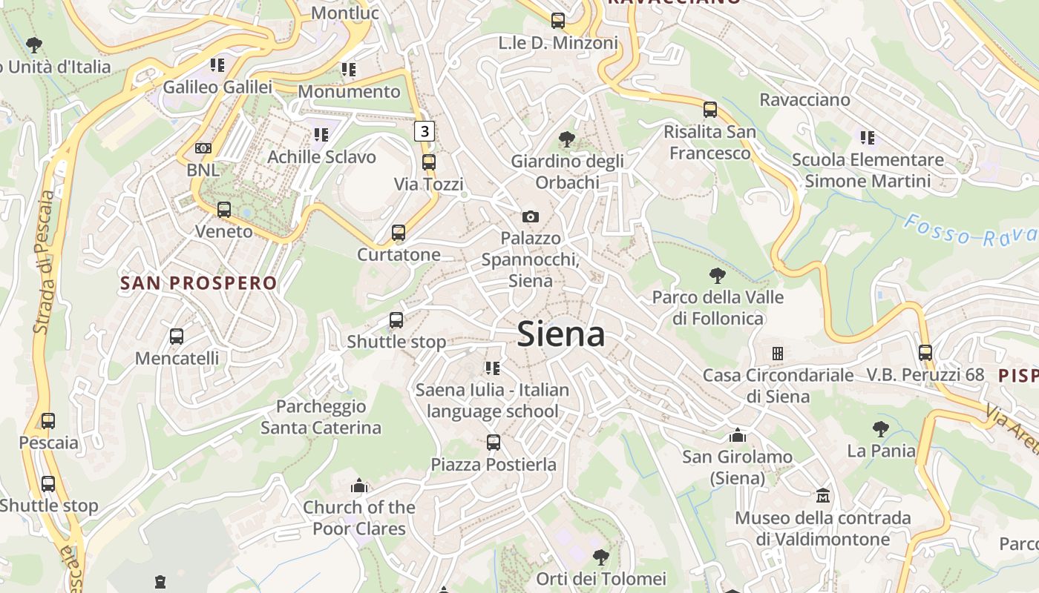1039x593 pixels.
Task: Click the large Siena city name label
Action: (561, 334)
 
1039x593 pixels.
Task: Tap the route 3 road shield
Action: (424, 131)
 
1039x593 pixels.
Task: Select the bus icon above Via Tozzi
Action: (429, 162)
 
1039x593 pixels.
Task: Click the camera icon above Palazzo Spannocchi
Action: (530, 216)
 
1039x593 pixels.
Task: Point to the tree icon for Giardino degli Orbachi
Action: (566, 139)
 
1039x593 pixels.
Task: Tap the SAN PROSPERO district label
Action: (198, 282)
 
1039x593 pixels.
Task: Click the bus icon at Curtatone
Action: (399, 233)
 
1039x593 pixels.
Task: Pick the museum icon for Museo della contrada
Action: (822, 495)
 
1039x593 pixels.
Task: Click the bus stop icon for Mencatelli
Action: (177, 336)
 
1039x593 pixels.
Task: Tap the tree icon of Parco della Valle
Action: (717, 276)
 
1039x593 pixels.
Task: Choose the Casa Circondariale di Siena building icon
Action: (777, 353)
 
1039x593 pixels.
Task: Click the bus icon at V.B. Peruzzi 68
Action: (925, 353)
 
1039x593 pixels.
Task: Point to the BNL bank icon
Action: (203, 148)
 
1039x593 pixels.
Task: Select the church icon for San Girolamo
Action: (737, 434)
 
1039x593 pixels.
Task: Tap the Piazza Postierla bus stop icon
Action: (494, 443)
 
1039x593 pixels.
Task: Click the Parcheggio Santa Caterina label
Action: (321, 417)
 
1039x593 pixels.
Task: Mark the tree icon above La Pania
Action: (881, 428)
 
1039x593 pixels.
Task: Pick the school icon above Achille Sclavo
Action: (321, 135)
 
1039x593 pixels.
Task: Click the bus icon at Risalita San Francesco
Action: (710, 110)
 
